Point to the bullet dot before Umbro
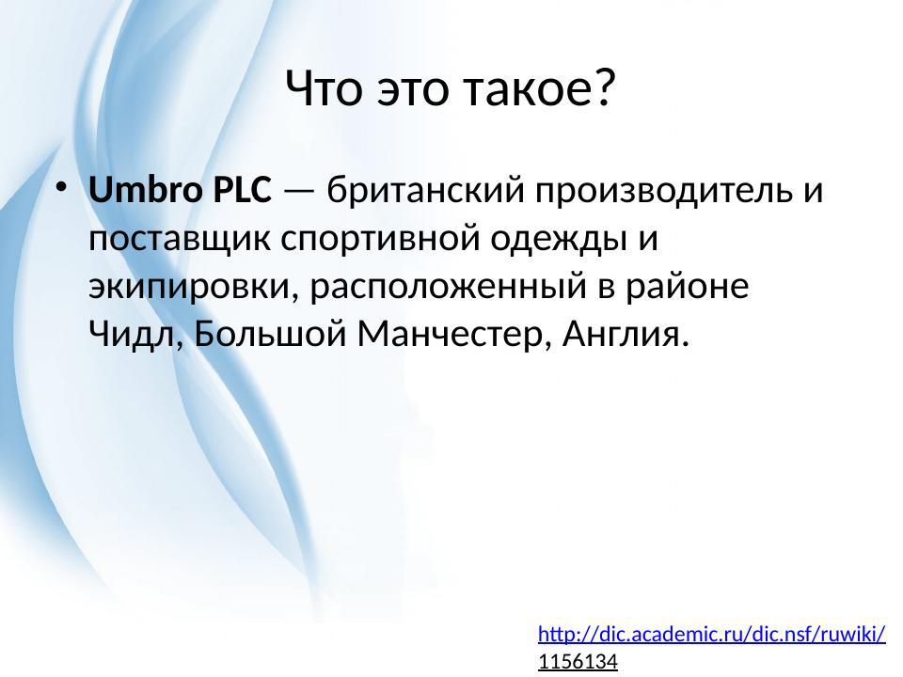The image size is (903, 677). point(61,188)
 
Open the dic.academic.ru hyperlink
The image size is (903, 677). point(711,634)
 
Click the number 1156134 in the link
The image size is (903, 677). point(578,662)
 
